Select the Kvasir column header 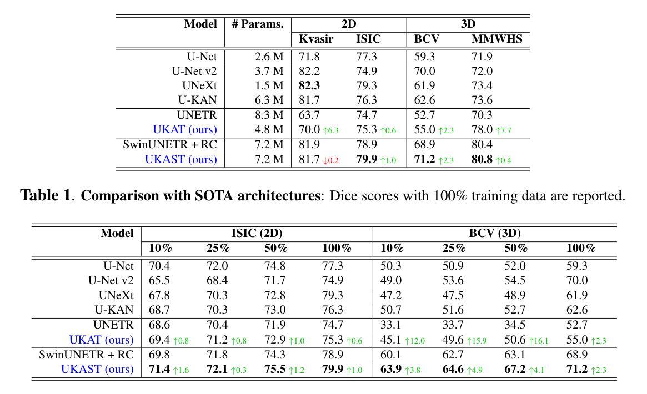tap(316, 39)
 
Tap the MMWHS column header tap(496, 39)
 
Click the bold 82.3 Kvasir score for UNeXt tap(309, 85)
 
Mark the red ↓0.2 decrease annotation tap(331, 160)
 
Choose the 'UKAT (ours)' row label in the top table tap(184, 129)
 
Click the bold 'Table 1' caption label tap(46, 196)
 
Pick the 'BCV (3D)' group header tap(494, 233)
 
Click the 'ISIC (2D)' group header tap(257, 233)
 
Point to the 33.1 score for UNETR tap(390, 325)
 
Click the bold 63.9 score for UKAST tap(390, 369)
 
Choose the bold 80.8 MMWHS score tap(482, 159)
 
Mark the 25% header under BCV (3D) tap(453, 248)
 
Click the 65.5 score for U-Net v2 tap(159, 281)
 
